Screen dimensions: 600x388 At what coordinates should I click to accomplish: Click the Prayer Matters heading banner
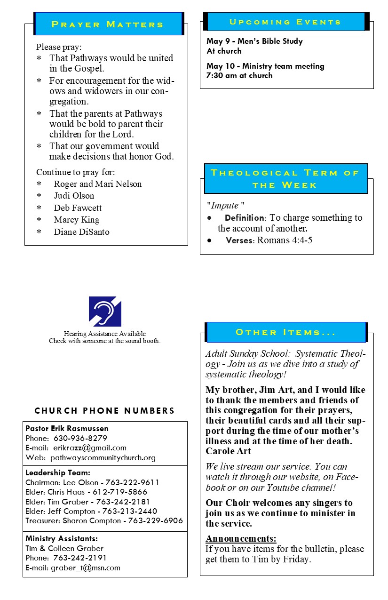(108, 24)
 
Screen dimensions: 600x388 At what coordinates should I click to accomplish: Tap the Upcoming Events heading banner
(285, 22)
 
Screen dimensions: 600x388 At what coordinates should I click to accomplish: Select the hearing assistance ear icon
(105, 311)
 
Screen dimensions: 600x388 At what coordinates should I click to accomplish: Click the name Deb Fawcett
(78, 208)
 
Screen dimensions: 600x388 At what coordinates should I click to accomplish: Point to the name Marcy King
(76, 220)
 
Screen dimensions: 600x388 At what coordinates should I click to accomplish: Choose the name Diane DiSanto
(81, 232)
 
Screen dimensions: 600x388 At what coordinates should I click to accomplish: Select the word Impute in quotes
(226, 206)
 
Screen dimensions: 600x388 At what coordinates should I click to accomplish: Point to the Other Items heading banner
(285, 332)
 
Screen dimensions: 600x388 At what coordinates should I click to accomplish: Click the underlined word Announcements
(241, 538)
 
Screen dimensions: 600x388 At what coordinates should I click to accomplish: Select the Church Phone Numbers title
(104, 411)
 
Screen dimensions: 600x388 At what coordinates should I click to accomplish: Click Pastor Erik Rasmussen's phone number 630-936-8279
(80, 438)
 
